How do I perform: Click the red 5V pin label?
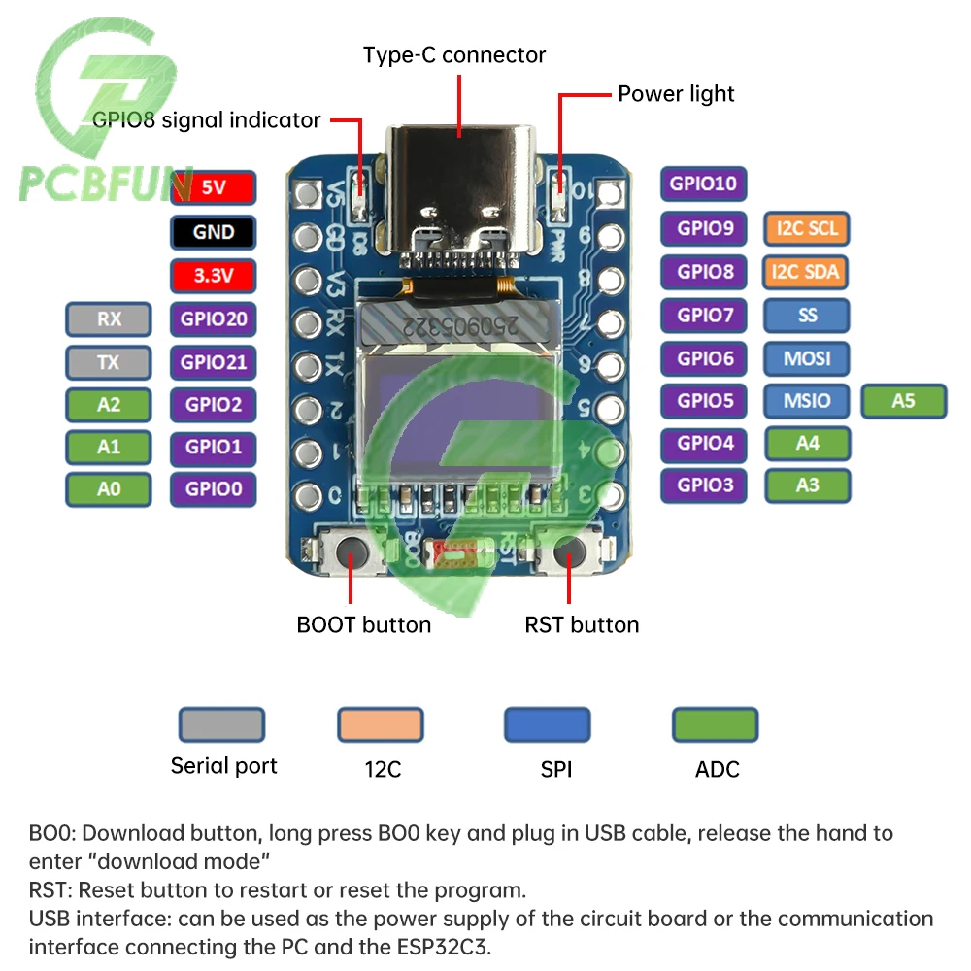click(213, 187)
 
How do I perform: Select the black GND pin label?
click(213, 232)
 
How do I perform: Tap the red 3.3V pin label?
click(213, 276)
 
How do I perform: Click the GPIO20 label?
click(213, 319)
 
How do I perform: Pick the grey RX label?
click(109, 319)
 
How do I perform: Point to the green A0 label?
click(109, 489)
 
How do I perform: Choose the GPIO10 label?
click(704, 184)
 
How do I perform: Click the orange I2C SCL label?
click(806, 229)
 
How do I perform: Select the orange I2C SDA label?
click(806, 272)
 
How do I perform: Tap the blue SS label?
click(806, 316)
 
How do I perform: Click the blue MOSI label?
click(806, 358)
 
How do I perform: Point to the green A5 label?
click(904, 400)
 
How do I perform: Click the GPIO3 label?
click(704, 485)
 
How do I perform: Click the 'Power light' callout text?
click(676, 94)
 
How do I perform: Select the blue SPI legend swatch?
click(548, 725)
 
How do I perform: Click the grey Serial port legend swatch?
click(221, 725)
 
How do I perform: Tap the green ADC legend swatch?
click(716, 725)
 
